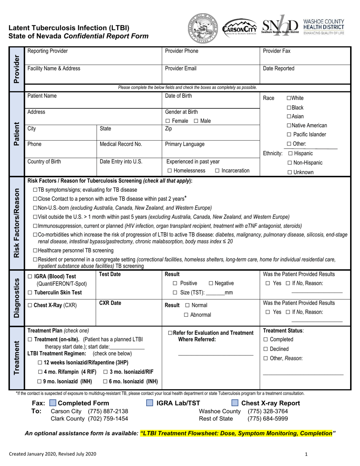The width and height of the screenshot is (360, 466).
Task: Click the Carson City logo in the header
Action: point(239,28)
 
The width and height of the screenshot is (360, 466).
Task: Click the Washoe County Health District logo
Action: point(324,27)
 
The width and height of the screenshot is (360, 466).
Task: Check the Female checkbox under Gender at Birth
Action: point(168,121)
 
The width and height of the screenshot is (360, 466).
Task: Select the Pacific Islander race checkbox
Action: point(289,134)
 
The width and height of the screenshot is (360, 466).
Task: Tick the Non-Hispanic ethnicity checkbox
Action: point(290,163)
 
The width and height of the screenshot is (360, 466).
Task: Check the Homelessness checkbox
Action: point(169,171)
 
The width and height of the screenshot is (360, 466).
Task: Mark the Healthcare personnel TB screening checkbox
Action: point(35,250)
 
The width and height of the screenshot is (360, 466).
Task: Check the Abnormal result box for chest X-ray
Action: point(186,315)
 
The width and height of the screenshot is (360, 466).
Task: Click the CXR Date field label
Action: point(110,303)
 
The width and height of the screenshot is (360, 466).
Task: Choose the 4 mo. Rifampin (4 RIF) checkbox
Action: point(40,372)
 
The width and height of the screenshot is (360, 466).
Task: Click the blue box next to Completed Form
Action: point(53,403)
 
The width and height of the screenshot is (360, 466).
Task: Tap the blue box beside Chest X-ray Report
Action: point(235,403)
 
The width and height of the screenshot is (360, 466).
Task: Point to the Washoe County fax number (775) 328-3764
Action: point(268,411)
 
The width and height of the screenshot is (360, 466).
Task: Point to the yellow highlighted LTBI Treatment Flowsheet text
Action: point(236,433)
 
